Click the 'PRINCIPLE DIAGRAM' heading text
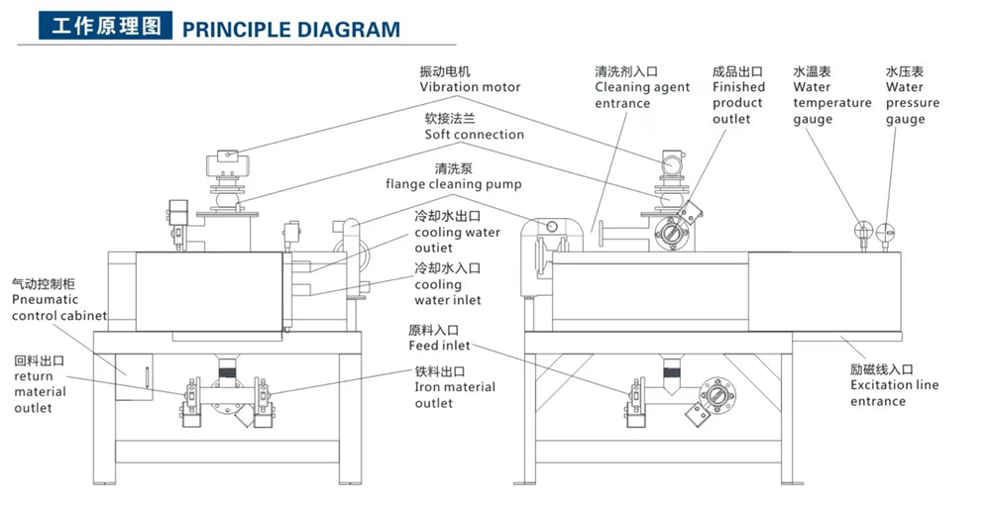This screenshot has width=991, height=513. (x=291, y=28)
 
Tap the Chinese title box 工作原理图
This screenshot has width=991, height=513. (x=105, y=27)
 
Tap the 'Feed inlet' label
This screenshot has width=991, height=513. (x=439, y=347)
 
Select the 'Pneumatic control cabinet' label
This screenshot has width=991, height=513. (x=59, y=299)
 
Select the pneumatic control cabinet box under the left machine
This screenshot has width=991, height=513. (x=134, y=376)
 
